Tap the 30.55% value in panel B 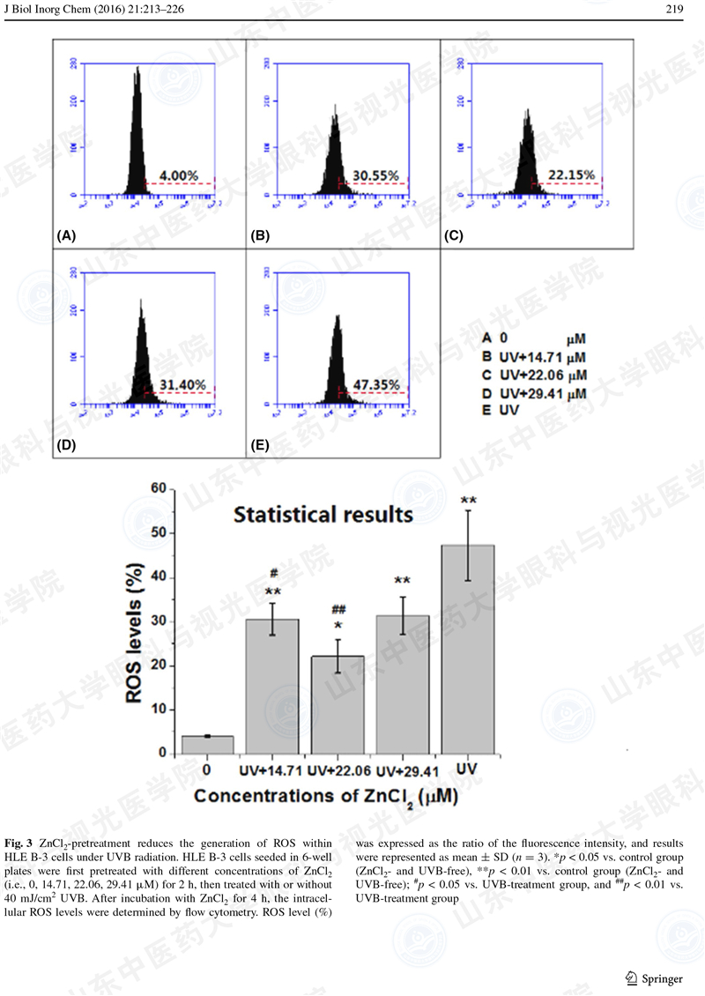click(376, 176)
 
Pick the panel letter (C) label click(454, 236)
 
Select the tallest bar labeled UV click(468, 650)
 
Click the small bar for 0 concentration click(207, 745)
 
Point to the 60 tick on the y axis click(158, 489)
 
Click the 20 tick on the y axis click(158, 665)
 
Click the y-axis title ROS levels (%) click(135, 621)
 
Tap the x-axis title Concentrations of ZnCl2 click(323, 797)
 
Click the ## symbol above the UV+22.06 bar click(337, 609)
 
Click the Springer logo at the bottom click(653, 978)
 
